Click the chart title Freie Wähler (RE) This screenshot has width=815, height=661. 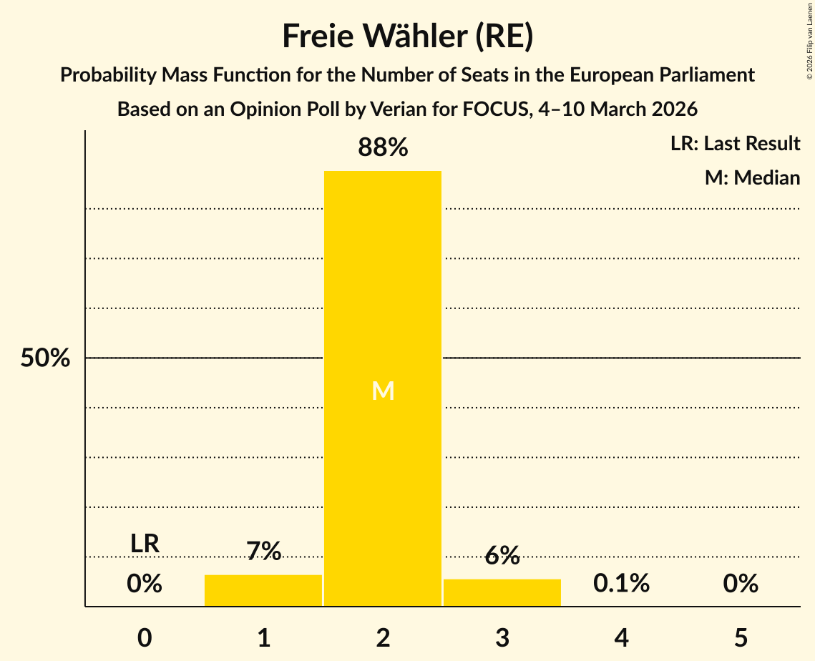[x=407, y=36]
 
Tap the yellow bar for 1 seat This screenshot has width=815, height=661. [x=263, y=590]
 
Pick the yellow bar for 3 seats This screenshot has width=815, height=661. [x=502, y=592]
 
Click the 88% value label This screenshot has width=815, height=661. [x=383, y=148]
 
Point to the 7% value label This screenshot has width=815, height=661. [x=263, y=552]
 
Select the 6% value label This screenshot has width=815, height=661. [x=502, y=556]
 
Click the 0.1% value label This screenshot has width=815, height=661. [x=621, y=584]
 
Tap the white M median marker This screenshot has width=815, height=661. [x=383, y=391]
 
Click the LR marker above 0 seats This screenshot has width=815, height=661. [x=145, y=544]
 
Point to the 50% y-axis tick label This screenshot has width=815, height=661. [x=45, y=358]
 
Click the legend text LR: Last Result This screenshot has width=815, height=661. [x=735, y=144]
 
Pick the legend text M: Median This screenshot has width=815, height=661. [x=752, y=177]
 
